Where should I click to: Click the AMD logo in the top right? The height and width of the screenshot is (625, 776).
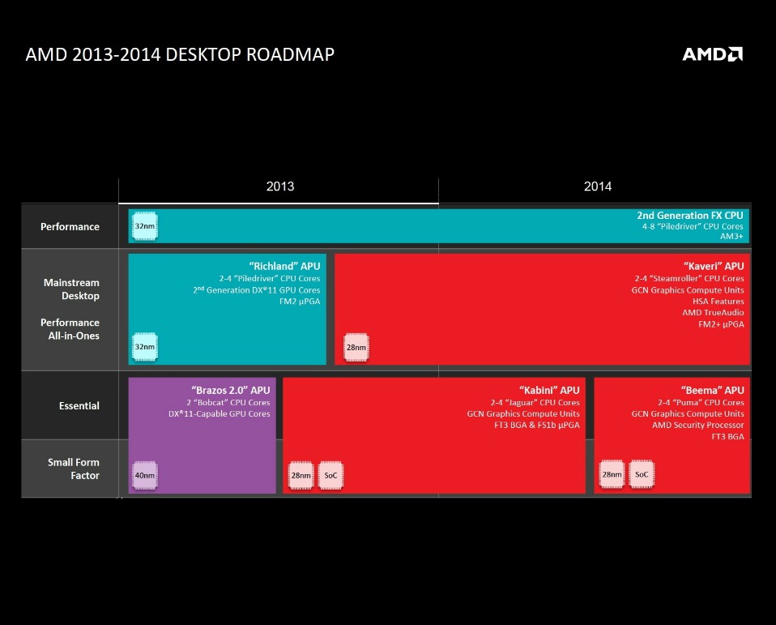pos(712,54)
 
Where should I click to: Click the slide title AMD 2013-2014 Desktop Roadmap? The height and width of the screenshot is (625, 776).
pos(180,54)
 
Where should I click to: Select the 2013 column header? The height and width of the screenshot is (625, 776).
pos(280,186)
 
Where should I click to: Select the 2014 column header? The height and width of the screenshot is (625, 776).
pos(598,186)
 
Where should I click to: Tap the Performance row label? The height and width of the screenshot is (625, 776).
pos(70,227)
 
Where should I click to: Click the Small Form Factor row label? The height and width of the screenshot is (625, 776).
pos(73,469)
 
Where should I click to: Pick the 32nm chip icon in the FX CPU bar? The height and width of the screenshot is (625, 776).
pos(144,226)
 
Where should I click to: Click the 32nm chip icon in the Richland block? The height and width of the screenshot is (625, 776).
pos(144,347)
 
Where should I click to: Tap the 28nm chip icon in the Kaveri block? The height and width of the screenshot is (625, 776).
pos(356,347)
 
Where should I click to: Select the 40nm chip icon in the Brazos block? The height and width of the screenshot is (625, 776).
pos(144,475)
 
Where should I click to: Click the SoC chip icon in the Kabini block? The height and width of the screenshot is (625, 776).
pos(330,475)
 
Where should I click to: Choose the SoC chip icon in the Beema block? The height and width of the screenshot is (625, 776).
pos(642,474)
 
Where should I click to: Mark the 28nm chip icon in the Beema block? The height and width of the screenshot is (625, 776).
pos(612,474)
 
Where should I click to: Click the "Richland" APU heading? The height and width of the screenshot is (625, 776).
pos(284,266)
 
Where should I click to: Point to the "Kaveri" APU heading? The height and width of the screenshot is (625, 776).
pos(714,266)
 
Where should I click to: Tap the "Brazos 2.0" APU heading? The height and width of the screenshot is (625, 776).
pos(231,390)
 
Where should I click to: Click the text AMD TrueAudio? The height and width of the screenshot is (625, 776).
pos(713,313)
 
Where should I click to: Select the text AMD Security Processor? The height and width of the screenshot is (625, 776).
pos(698,426)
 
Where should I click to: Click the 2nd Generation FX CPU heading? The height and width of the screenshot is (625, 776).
pos(690,216)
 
